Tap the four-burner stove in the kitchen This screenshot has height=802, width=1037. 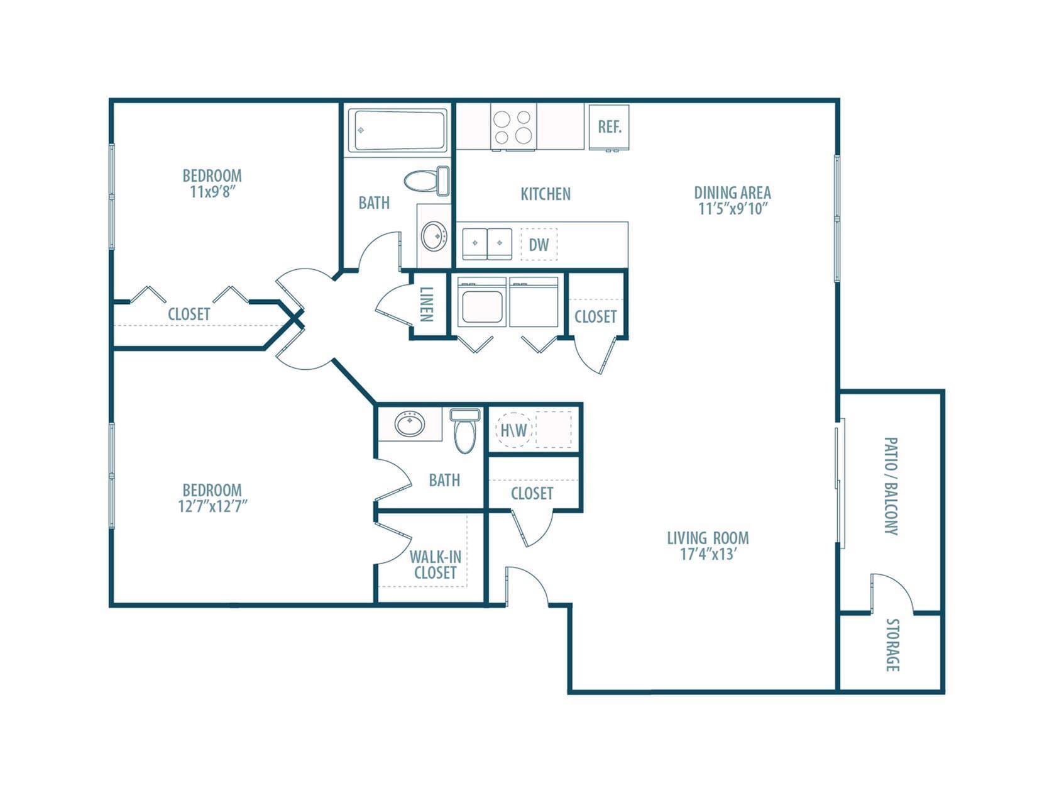tap(513, 127)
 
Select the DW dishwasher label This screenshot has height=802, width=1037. tap(539, 245)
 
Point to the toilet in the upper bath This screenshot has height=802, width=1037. tap(427, 181)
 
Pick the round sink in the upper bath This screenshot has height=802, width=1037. tap(433, 236)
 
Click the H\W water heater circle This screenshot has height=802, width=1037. tap(513, 430)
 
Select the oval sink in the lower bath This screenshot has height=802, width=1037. tap(409, 423)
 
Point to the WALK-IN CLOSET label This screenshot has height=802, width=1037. tap(436, 564)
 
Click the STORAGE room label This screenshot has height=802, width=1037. tap(892, 645)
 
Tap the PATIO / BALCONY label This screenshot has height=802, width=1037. tap(891, 486)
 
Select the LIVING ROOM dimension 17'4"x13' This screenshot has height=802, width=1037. tap(709, 555)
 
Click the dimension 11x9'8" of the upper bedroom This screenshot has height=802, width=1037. tap(212, 192)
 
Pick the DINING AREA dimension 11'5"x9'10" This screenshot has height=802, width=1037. tap(733, 209)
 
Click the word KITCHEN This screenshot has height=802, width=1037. tap(546, 194)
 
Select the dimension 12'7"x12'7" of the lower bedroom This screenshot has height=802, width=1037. tap(212, 506)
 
